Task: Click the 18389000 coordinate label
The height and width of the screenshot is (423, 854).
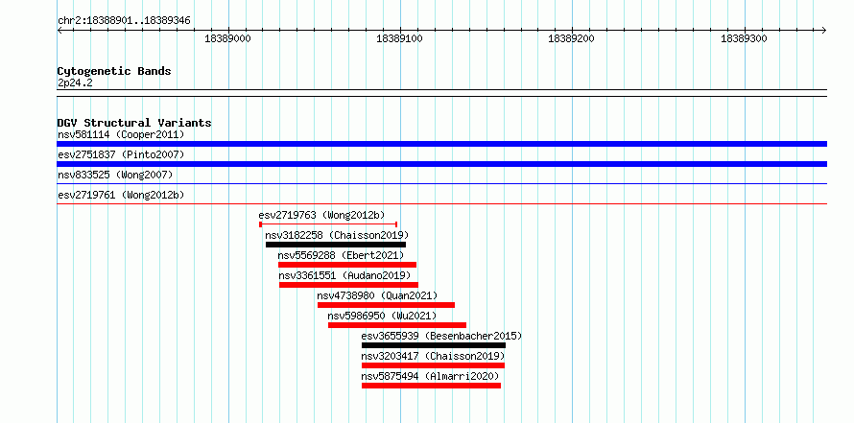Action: click(x=228, y=38)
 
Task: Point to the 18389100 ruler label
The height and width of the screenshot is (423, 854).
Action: click(x=400, y=38)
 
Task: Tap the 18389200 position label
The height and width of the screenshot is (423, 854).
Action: click(x=573, y=38)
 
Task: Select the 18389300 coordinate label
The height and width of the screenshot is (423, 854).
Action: click(x=744, y=38)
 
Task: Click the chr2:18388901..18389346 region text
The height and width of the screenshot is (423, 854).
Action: click(x=124, y=21)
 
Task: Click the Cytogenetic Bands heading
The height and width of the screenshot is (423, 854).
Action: click(x=114, y=71)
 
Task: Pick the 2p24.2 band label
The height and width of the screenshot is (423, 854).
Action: click(x=75, y=83)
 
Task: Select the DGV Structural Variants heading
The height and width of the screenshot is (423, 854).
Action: click(x=134, y=123)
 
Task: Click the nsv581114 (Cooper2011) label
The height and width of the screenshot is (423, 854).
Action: click(x=122, y=134)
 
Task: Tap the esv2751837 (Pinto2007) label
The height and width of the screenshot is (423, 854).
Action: click(x=122, y=154)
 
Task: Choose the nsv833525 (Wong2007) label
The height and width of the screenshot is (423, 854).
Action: click(x=115, y=175)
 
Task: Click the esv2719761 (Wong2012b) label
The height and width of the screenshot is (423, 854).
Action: click(x=118, y=195)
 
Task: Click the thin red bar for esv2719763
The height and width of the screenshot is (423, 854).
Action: click(x=328, y=224)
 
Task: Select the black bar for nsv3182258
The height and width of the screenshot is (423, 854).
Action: click(x=336, y=245)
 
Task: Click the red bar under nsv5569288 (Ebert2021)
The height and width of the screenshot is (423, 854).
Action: click(x=347, y=265)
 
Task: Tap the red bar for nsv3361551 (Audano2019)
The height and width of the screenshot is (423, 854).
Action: click(x=348, y=285)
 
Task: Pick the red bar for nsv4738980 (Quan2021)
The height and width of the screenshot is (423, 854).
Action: click(x=386, y=305)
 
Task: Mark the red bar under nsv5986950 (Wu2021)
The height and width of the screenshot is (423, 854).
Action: click(x=397, y=325)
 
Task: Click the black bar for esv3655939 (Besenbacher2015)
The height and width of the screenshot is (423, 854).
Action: click(x=434, y=345)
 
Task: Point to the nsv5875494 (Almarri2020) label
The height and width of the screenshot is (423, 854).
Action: click(x=430, y=376)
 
